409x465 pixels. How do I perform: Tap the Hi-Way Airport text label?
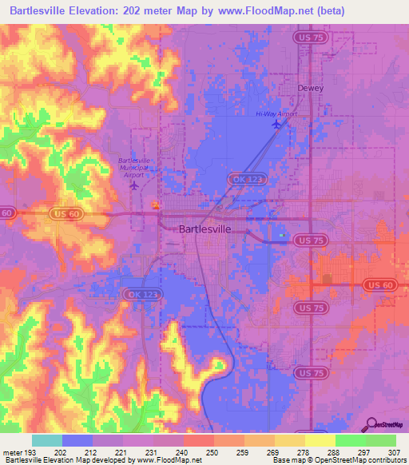(276, 114)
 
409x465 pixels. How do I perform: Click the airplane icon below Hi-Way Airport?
(277, 125)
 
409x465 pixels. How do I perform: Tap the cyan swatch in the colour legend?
(46, 440)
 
